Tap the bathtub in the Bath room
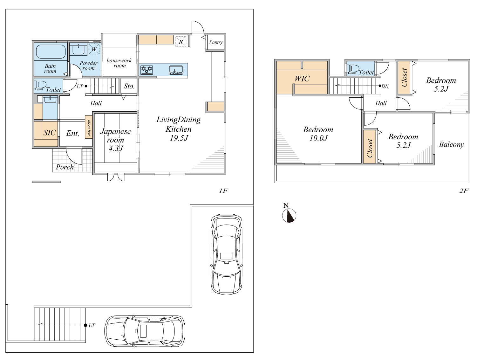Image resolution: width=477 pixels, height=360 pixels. [x=51, y=52]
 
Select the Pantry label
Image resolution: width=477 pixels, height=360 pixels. [x=216, y=42]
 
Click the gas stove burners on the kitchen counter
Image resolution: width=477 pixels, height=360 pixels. [x=147, y=70]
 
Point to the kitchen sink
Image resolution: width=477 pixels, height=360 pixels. [x=176, y=70]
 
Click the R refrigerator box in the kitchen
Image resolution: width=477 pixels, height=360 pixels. [x=181, y=41]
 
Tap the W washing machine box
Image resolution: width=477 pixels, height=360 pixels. [x=94, y=49]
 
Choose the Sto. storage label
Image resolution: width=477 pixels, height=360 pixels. [x=129, y=86]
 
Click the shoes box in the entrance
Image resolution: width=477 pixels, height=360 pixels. [x=88, y=127]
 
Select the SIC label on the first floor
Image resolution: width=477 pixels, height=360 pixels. [x=50, y=133]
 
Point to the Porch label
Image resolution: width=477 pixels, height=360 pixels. [x=65, y=167]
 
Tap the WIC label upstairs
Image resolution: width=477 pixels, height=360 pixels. [x=302, y=79]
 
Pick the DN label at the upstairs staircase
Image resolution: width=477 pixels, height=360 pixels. [x=385, y=86]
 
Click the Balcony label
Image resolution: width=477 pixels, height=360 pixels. [x=451, y=145]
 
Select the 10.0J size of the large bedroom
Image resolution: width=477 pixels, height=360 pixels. [x=318, y=138]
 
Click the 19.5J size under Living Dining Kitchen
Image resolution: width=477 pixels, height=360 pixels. [x=179, y=138]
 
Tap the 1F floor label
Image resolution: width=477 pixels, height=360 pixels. [x=223, y=190]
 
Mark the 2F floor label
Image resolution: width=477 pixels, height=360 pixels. [x=464, y=190]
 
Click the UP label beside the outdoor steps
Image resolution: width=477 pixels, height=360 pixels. [x=92, y=325]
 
